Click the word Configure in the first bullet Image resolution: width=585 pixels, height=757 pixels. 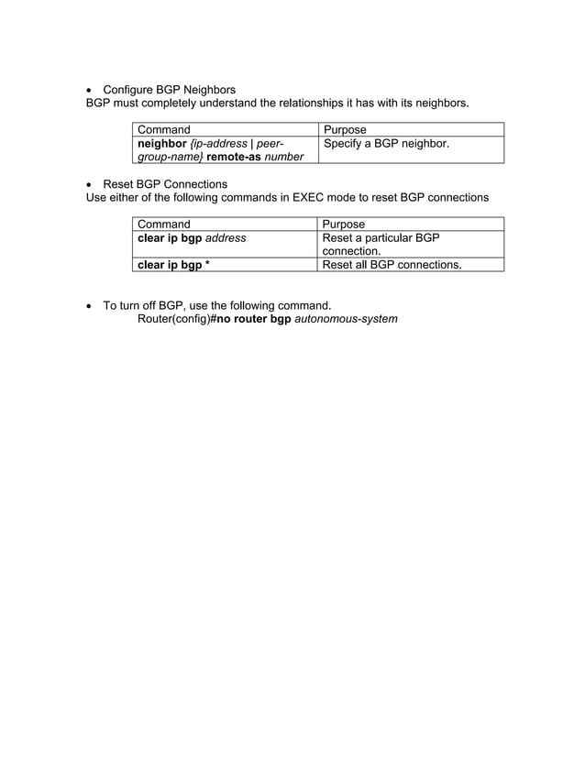click(x=130, y=90)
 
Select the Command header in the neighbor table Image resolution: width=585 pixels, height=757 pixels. click(x=164, y=130)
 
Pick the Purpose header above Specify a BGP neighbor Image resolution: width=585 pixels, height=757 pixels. click(x=345, y=130)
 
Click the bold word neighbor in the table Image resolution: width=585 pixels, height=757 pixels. click(x=161, y=144)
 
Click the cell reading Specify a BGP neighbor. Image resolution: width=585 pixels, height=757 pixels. click(x=386, y=144)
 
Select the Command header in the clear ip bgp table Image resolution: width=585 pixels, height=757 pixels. click(x=164, y=225)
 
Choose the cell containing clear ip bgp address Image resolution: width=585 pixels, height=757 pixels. click(x=192, y=238)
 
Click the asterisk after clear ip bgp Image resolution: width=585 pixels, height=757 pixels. click(x=207, y=265)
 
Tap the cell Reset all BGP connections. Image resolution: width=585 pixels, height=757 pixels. click(x=392, y=265)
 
